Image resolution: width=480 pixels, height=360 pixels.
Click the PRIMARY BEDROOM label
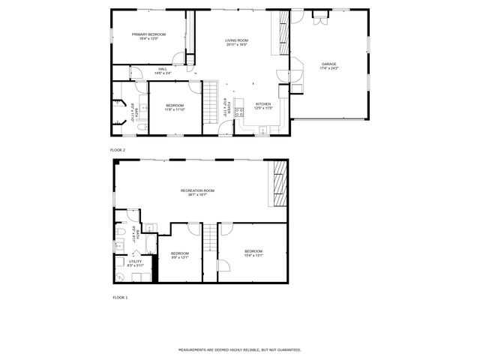[x=148, y=34]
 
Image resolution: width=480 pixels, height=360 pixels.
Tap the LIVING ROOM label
[x=237, y=40]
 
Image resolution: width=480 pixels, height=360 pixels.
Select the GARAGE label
[x=329, y=64]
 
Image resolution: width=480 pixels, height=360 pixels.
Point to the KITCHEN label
[x=262, y=104]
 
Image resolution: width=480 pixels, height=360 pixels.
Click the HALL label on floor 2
[x=163, y=69]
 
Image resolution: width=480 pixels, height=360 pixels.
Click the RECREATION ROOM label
[x=198, y=190]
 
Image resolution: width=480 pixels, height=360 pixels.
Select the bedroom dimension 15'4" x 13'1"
[x=253, y=255]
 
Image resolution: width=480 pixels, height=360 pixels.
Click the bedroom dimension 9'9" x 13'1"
[x=179, y=257]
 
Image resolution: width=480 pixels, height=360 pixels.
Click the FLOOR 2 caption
[x=118, y=150]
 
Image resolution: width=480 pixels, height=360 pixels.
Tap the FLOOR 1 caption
[x=120, y=298]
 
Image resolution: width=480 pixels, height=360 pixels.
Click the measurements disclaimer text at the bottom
[x=239, y=349]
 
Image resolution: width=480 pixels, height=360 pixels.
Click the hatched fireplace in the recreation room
[x=280, y=183]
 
